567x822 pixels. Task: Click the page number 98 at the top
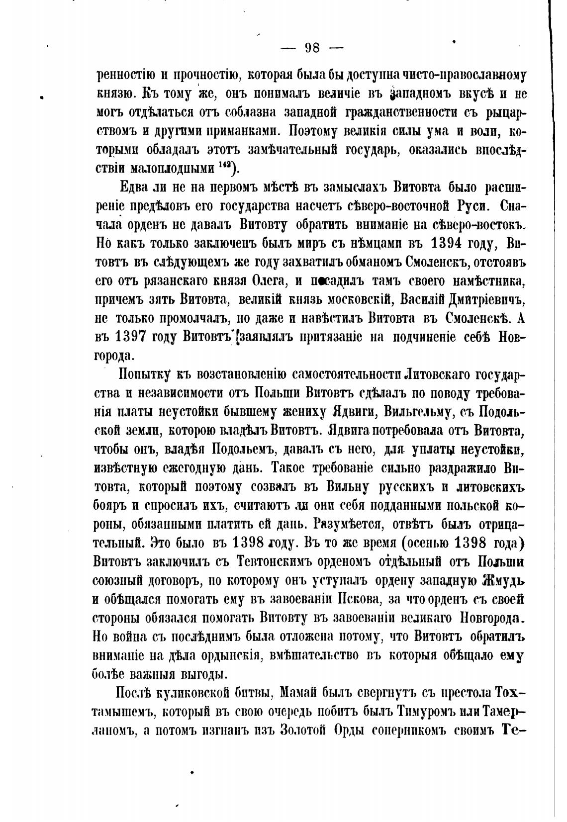tap(312, 48)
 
